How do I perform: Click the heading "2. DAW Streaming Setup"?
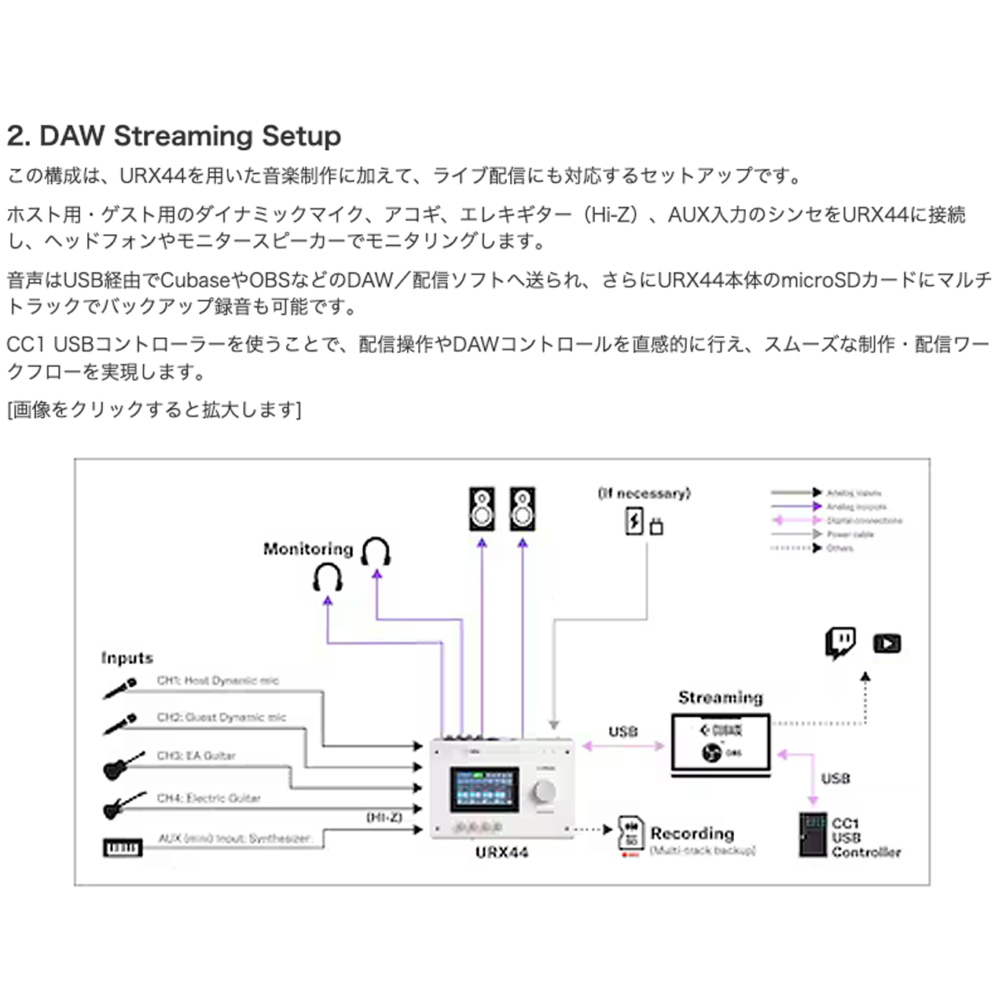[x=174, y=136]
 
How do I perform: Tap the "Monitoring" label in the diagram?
[x=308, y=549]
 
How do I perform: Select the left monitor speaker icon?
[x=482, y=509]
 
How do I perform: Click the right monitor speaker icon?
[x=522, y=509]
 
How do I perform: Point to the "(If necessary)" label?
[x=644, y=494]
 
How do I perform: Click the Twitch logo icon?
[x=840, y=643]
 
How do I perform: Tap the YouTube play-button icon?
[x=887, y=644]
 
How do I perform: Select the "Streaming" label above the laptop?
[x=720, y=697]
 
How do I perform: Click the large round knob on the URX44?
[x=544, y=791]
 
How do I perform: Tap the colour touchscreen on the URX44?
[x=484, y=789]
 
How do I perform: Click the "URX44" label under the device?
[x=501, y=853]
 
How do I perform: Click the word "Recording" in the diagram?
[x=692, y=833]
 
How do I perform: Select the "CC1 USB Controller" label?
[x=865, y=838]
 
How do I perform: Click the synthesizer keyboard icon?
[x=123, y=848]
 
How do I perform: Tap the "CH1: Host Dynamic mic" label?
[x=218, y=681]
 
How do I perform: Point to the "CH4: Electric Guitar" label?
[x=208, y=798]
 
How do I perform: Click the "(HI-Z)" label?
[x=384, y=817]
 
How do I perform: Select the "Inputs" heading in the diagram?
[x=127, y=658]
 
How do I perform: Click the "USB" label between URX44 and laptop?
[x=622, y=732]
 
